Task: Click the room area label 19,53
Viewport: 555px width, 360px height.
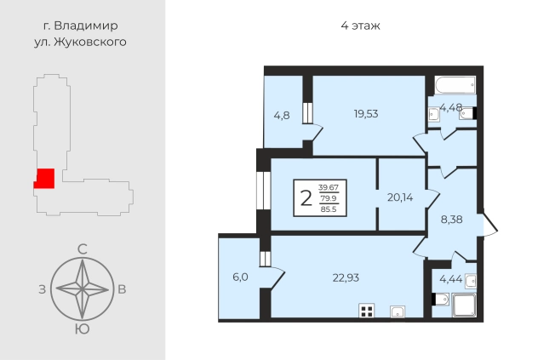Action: tap(366, 114)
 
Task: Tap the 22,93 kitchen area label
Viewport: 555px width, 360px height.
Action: tap(346, 278)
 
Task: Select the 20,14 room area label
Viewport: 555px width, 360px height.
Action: tap(400, 197)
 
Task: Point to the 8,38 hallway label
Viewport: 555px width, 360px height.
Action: tap(452, 220)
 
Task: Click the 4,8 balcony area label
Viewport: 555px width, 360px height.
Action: tap(282, 116)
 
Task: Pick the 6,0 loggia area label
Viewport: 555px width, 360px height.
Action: tap(240, 277)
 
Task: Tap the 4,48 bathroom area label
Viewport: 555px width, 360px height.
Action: tap(451, 107)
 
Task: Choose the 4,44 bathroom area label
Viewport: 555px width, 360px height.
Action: tap(451, 279)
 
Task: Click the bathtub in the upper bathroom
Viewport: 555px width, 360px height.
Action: tap(455, 85)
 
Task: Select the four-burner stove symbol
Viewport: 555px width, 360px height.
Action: tap(367, 311)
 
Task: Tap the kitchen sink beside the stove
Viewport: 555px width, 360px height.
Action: tap(398, 311)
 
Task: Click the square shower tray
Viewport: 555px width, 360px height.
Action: tap(465, 306)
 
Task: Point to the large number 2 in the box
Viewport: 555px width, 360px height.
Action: tap(306, 198)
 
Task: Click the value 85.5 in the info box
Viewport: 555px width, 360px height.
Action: tap(329, 209)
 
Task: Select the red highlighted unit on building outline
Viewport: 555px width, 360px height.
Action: tap(44, 179)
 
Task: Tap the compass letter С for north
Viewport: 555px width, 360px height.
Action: tap(82, 249)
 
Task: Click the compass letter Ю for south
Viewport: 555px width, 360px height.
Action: tap(82, 329)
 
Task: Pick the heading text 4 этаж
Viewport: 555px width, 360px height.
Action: tap(360, 26)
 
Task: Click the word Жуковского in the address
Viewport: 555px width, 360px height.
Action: tap(89, 42)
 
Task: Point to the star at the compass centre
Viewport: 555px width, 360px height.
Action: tap(82, 289)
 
